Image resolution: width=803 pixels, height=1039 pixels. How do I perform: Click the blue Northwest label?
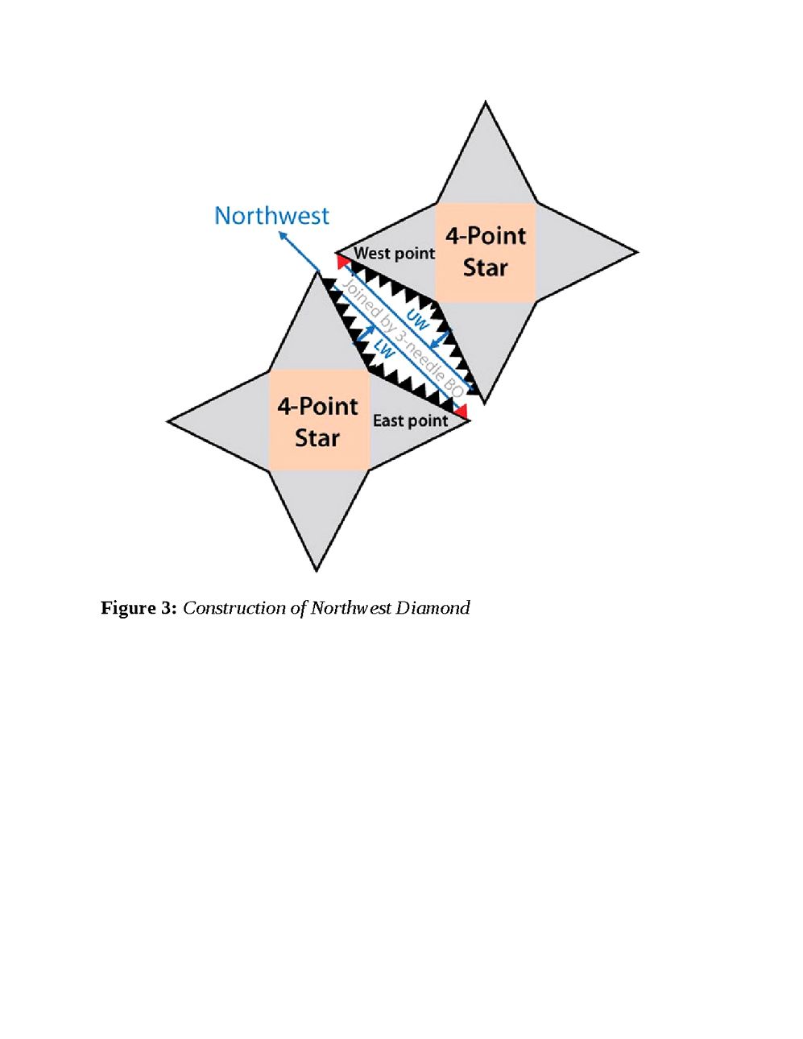coord(271,216)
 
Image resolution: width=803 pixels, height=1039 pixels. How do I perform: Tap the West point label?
coord(394,253)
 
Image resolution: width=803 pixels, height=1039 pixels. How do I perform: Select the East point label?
coord(410,420)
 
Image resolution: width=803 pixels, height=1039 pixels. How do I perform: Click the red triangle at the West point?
coord(343,259)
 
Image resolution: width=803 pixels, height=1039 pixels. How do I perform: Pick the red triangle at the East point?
coord(461,412)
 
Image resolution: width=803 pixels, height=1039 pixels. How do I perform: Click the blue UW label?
coord(417,319)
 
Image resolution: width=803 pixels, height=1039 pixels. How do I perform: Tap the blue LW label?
coord(384,350)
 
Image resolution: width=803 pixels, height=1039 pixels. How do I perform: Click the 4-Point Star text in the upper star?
coord(486,252)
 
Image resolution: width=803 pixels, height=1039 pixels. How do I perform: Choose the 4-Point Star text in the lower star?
coord(317,422)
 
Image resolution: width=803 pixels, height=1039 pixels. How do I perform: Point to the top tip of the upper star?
coord(486,104)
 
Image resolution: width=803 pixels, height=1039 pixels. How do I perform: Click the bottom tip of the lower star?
coord(317,569)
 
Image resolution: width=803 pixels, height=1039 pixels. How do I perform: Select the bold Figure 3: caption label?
coord(138,608)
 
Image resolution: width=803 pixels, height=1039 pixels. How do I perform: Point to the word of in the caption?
coord(298,608)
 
